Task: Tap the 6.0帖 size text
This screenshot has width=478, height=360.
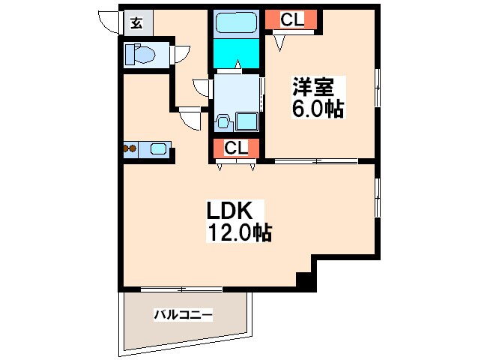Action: (318, 109)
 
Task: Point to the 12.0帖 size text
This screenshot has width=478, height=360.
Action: (238, 232)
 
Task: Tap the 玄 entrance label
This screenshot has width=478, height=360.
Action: (136, 22)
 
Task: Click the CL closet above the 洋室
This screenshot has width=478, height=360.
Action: (292, 20)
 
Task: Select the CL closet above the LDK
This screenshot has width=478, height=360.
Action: (236, 148)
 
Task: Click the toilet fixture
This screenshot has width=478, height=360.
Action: (140, 54)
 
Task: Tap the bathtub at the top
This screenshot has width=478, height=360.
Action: (237, 22)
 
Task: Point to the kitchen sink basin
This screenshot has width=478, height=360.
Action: (159, 148)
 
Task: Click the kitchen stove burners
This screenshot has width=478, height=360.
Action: (130, 148)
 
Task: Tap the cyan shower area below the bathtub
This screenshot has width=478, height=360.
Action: (237, 52)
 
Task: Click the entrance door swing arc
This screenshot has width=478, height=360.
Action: (110, 22)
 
